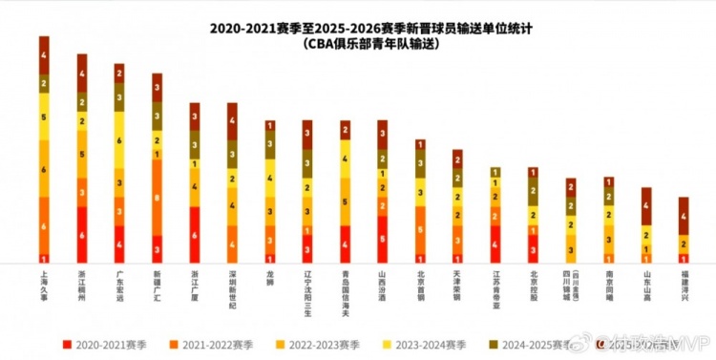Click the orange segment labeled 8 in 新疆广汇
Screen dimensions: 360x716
157,197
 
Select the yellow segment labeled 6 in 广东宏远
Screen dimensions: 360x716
119,139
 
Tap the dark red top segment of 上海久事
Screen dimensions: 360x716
44,54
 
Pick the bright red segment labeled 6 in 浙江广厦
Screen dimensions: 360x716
195,235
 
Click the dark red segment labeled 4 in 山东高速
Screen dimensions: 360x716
645,206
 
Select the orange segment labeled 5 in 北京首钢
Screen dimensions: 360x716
420,230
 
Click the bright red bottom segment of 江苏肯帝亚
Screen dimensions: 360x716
495,244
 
